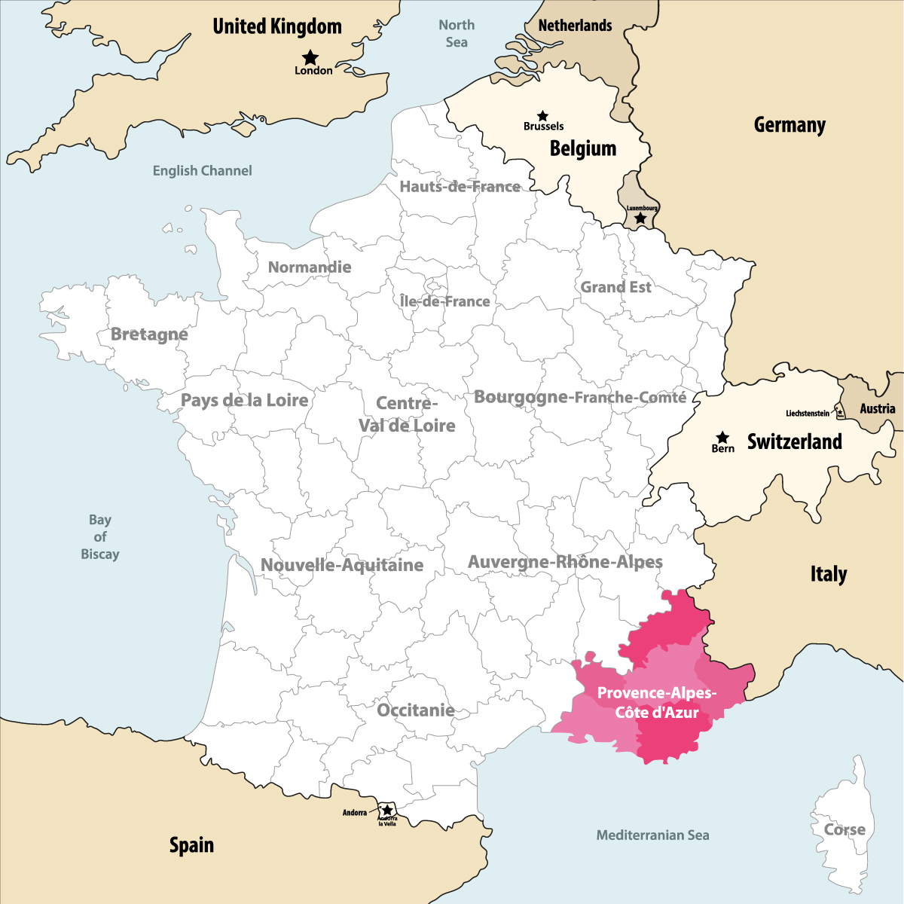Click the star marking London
click(x=310, y=57)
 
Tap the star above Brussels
click(x=542, y=116)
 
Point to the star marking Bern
click(x=722, y=437)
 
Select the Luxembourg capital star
click(x=640, y=218)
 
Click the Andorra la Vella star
click(x=387, y=811)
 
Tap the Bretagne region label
click(x=149, y=334)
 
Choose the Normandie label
click(x=310, y=267)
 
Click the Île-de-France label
click(x=444, y=301)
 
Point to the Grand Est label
click(x=615, y=287)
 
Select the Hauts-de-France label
click(x=460, y=187)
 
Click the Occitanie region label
click(x=416, y=710)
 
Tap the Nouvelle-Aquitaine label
click(x=342, y=565)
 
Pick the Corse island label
click(x=844, y=829)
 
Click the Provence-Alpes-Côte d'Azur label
click(x=657, y=703)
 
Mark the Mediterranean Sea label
click(x=652, y=835)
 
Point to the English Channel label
click(x=202, y=171)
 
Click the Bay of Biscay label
click(x=100, y=537)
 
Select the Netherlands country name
click(x=575, y=26)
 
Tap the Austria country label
click(x=878, y=408)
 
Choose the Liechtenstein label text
click(x=807, y=414)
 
